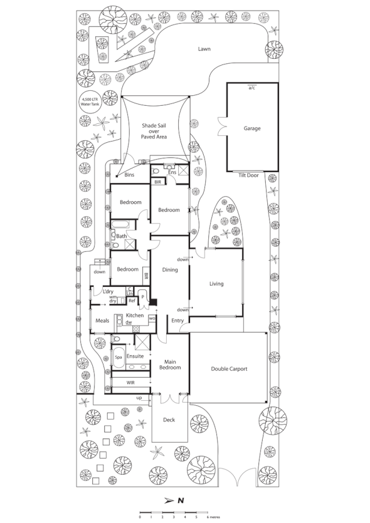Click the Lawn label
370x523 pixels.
pos(203,48)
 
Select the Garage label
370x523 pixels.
pos(252,128)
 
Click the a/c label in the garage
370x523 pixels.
pos(251,88)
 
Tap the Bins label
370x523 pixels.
pos(130,175)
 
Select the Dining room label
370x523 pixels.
pos(170,270)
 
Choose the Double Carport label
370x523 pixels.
pos(229,369)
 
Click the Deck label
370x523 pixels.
pos(169,420)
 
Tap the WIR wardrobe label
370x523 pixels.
pos(131,381)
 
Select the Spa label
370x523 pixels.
pos(118,357)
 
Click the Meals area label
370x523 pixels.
pos(102,321)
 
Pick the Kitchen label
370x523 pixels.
pos(135,315)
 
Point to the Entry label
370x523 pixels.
pos(177,321)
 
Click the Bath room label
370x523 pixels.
pos(121,236)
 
